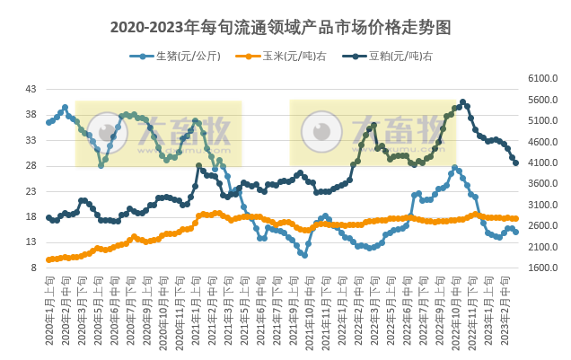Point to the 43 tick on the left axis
tap(31, 90)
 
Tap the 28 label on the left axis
tap(31, 166)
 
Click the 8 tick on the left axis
tap(33, 268)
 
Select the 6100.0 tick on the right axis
tap(545, 79)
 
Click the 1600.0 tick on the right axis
tap(545, 268)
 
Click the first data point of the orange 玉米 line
tap(48, 259)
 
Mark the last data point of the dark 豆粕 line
tap(515, 162)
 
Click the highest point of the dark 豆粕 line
tap(462, 102)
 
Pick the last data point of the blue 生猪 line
tap(515, 232)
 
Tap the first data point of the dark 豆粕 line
tap(48, 217)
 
